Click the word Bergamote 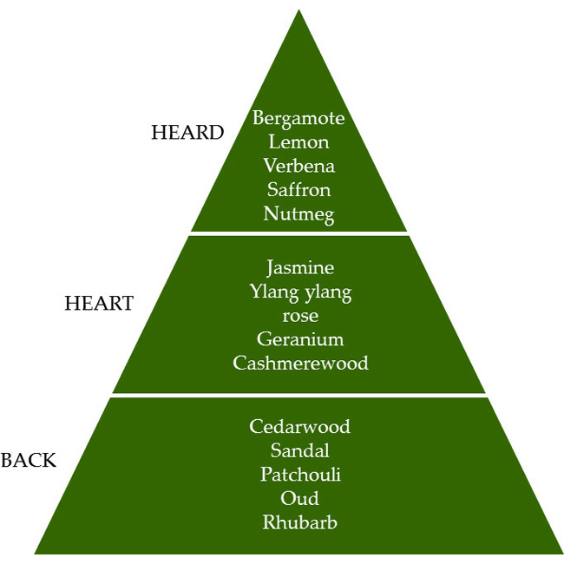click(x=298, y=118)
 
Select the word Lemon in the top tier click(x=298, y=141)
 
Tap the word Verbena click(x=298, y=165)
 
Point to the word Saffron click(x=298, y=189)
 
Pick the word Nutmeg click(x=298, y=213)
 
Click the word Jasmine click(x=300, y=268)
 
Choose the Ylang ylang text click(x=300, y=292)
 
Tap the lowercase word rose click(x=300, y=316)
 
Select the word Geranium click(x=300, y=339)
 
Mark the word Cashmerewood click(x=300, y=363)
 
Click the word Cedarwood click(x=299, y=426)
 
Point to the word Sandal click(x=299, y=450)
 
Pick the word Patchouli click(x=299, y=475)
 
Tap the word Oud click(x=299, y=498)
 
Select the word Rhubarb click(x=299, y=522)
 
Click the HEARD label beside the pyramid click(x=187, y=133)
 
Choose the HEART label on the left click(x=99, y=304)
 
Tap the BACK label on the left click(x=29, y=460)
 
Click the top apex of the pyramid click(x=298, y=12)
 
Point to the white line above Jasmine click(x=298, y=233)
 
